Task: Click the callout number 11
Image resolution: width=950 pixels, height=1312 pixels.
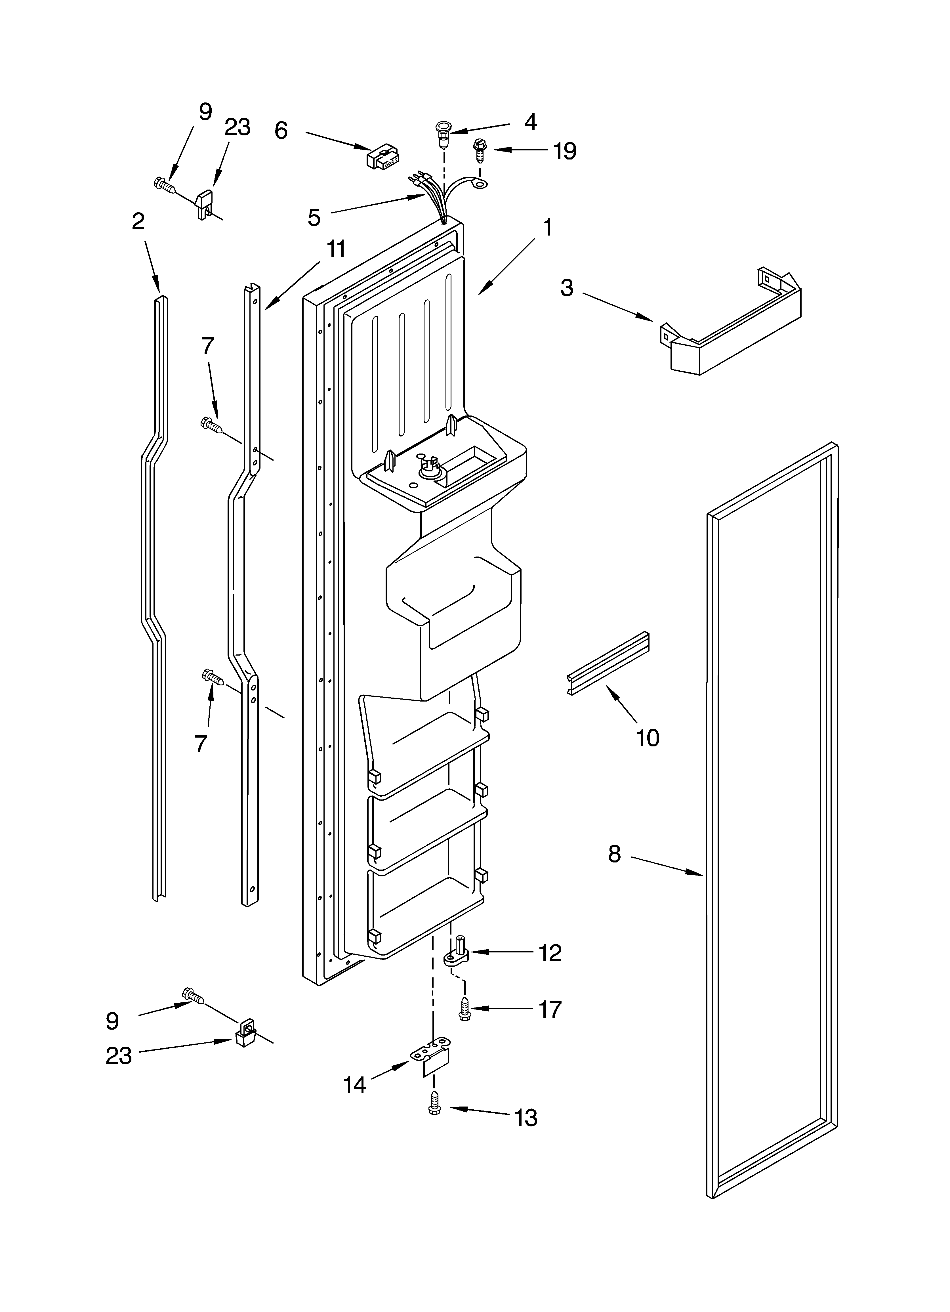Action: click(x=336, y=249)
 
